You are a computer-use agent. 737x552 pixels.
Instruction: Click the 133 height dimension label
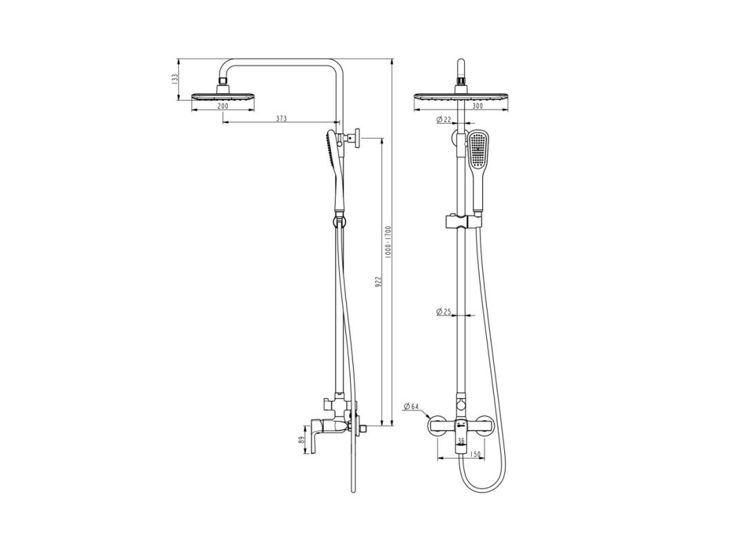pos(175,79)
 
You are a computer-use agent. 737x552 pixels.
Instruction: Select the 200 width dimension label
pos(223,106)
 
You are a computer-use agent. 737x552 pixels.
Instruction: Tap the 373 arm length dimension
pos(280,118)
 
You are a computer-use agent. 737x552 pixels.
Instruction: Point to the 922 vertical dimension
pos(379,281)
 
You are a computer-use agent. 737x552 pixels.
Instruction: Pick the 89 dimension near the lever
pos(300,440)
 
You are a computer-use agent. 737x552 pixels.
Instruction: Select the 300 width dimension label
pos(477,106)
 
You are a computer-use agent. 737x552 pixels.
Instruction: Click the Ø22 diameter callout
pos(444,119)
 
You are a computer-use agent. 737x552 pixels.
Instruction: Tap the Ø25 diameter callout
pos(444,311)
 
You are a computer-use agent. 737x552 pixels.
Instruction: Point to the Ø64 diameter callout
pos(411,406)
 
